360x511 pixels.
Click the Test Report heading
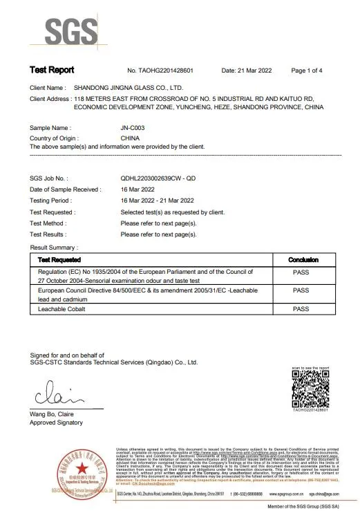click(x=52, y=71)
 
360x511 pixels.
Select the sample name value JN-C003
click(x=132, y=129)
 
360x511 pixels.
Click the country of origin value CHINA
click(x=131, y=138)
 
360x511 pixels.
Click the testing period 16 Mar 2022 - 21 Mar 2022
click(x=158, y=201)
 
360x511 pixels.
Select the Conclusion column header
click(x=301, y=259)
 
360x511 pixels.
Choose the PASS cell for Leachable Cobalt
click(x=301, y=309)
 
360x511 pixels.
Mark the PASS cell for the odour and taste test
click(x=301, y=272)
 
